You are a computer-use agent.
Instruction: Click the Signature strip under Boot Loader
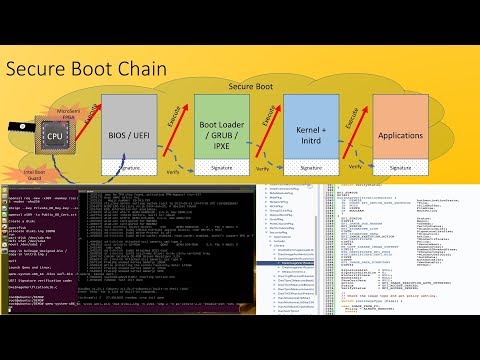point(223,168)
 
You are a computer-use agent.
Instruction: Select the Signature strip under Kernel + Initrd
point(314,168)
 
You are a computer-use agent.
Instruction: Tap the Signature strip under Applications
point(408,168)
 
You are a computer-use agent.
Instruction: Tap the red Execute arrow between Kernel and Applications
point(357,124)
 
